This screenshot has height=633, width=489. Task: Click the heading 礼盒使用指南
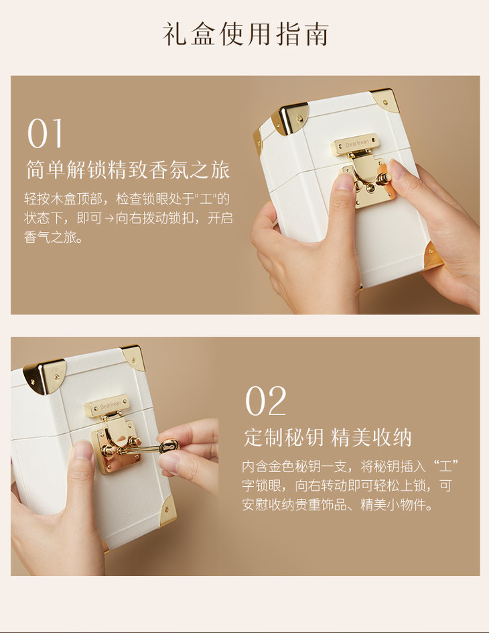tap(246, 34)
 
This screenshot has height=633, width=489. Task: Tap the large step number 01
tap(45, 133)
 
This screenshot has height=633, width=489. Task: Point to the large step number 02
tap(266, 401)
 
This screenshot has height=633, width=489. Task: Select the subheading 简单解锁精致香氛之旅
tap(128, 170)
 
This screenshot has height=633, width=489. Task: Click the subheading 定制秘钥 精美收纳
tap(328, 438)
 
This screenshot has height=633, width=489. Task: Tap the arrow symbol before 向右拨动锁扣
tap(109, 219)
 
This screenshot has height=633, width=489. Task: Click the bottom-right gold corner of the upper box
tap(433, 254)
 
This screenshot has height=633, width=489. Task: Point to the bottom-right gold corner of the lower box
tap(169, 511)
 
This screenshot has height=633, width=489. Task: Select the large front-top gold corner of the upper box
tap(290, 117)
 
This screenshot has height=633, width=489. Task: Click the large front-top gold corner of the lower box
tap(44, 376)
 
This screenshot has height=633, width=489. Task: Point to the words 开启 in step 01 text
tap(220, 219)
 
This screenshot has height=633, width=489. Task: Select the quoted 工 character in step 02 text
tap(445, 467)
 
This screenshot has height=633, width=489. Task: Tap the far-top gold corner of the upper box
tap(385, 99)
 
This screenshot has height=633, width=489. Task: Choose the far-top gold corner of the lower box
tap(134, 357)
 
